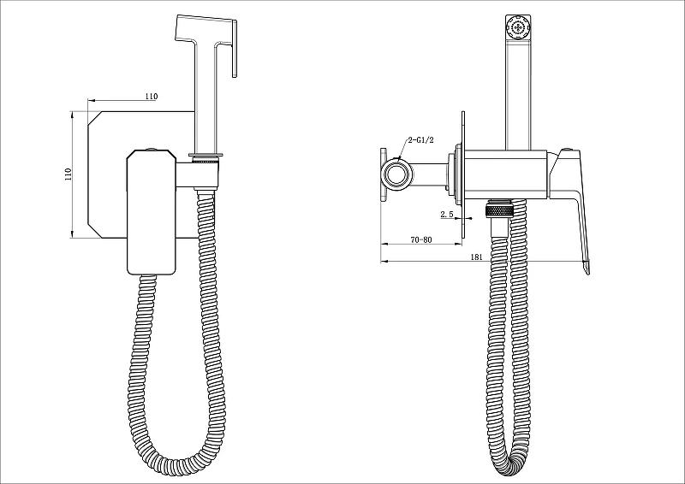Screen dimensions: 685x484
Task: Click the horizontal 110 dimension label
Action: click(x=152, y=97)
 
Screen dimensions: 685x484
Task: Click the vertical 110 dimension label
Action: click(x=68, y=174)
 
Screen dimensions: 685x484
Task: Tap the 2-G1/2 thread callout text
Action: click(x=420, y=140)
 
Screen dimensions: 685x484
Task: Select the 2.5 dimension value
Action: click(x=447, y=215)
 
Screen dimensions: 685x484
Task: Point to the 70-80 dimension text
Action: click(x=421, y=239)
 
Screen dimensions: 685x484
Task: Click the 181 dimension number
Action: click(x=477, y=257)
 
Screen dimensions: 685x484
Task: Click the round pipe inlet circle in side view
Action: click(x=397, y=176)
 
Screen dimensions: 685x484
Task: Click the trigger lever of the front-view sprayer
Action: click(x=235, y=49)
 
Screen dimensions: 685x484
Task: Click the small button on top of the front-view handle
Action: click(x=152, y=150)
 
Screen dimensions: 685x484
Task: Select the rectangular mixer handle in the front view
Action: click(x=152, y=212)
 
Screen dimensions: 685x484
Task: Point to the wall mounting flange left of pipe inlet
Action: click(x=383, y=175)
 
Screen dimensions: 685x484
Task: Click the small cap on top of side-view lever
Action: click(x=567, y=150)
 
